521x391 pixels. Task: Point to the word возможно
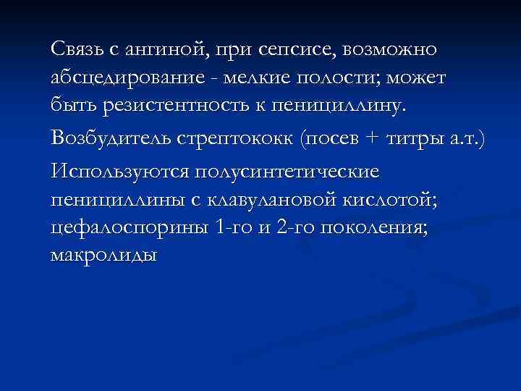click(391, 50)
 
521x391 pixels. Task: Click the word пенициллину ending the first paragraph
click(344, 108)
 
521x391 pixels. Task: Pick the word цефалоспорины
click(131, 228)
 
